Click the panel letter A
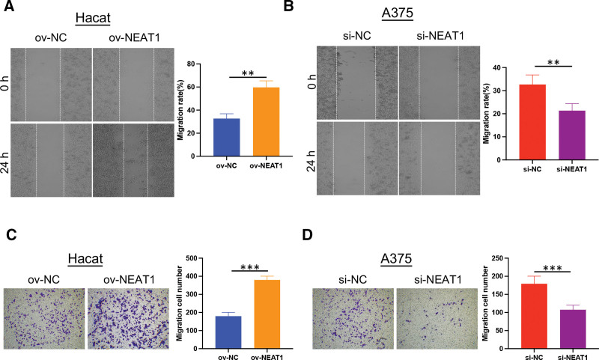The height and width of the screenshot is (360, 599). pyautogui.click(x=9, y=6)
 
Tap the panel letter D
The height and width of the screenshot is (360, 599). pyautogui.click(x=307, y=235)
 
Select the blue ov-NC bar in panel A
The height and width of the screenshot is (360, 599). pyautogui.click(x=227, y=137)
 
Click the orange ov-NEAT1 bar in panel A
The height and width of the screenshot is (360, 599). pyautogui.click(x=267, y=122)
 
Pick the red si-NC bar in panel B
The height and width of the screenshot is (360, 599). pyautogui.click(x=532, y=122)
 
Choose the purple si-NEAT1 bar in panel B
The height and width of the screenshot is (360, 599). pyautogui.click(x=572, y=135)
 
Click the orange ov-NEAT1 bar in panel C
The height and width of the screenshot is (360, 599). pyautogui.click(x=267, y=314)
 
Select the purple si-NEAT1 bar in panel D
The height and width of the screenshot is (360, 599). pyautogui.click(x=573, y=329)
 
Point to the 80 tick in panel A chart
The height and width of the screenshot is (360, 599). pyautogui.click(x=191, y=64)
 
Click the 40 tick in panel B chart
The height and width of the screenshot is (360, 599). pyautogui.click(x=496, y=67)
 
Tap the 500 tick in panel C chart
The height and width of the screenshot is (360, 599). pyautogui.click(x=191, y=258)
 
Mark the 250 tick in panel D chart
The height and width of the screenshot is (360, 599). pyautogui.click(x=496, y=258)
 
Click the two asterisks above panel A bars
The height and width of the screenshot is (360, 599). pyautogui.click(x=248, y=73)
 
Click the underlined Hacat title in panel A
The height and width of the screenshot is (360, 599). pyautogui.click(x=93, y=18)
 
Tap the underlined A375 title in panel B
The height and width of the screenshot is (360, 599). pyautogui.click(x=398, y=13)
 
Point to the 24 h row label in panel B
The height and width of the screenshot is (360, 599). pyautogui.click(x=311, y=160)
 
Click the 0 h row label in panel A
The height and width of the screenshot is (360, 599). pyautogui.click(x=4, y=83)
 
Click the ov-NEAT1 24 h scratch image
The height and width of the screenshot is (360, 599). pyautogui.click(x=133, y=160)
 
